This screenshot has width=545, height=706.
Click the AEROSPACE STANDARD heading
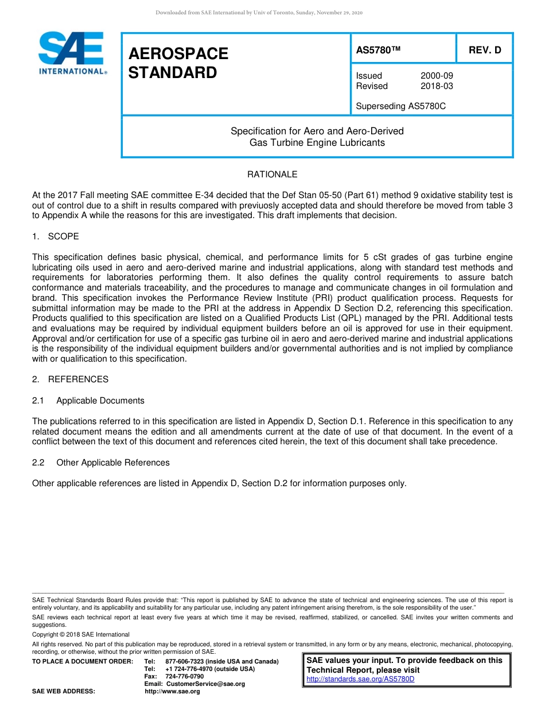178,63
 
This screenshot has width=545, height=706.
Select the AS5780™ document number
378,50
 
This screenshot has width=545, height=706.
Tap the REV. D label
485,50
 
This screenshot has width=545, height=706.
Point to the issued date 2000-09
437,76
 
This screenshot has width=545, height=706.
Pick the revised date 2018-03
437,86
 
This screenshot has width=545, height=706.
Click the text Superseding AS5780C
400,106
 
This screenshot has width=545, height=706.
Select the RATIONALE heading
272,174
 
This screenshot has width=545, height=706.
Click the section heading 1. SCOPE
56,236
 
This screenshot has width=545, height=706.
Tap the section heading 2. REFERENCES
70,379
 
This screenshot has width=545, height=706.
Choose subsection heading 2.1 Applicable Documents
88,401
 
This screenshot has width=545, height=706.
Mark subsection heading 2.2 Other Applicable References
101,463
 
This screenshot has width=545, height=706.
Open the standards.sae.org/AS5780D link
360,679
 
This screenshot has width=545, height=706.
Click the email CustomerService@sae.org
205,684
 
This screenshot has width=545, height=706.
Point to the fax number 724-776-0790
184,676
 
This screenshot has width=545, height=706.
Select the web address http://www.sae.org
172,691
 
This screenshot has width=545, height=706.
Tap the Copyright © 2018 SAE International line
81,634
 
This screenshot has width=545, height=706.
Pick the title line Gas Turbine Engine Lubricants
317,142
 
